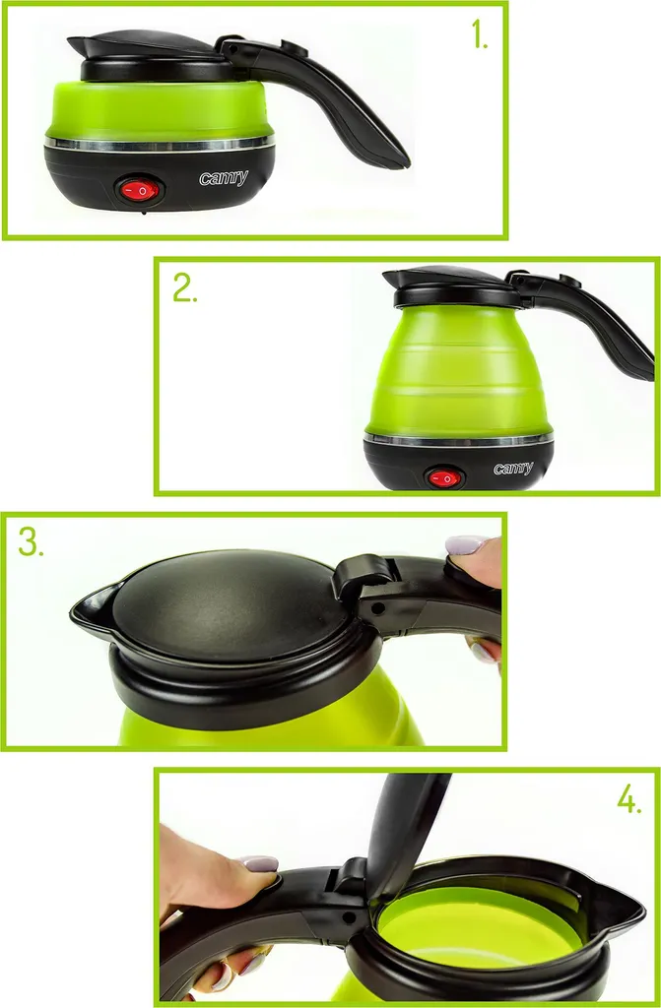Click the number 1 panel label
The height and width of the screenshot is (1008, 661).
coord(480,34)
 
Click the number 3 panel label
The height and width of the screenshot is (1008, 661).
coord(31,542)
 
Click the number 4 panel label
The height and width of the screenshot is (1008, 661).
coord(628,799)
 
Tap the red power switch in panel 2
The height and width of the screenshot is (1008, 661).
coord(444,478)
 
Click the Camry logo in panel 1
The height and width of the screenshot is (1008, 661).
coord(224,178)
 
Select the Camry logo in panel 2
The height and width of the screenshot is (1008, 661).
coord(513,468)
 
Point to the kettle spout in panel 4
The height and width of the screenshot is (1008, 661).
coord(620,907)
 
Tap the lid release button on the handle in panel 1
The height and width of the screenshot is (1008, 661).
coord(294,48)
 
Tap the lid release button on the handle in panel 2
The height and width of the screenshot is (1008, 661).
coord(570,281)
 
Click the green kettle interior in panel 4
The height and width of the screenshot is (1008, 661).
coord(480,920)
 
